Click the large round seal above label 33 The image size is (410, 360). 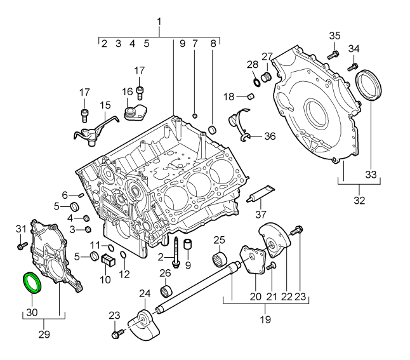[x=369, y=86]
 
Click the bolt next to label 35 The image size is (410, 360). [x=331, y=55]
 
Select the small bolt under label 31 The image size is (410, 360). [x=22, y=243]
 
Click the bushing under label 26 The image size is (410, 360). [x=167, y=291]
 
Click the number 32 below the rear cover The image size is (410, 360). [x=359, y=201]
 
